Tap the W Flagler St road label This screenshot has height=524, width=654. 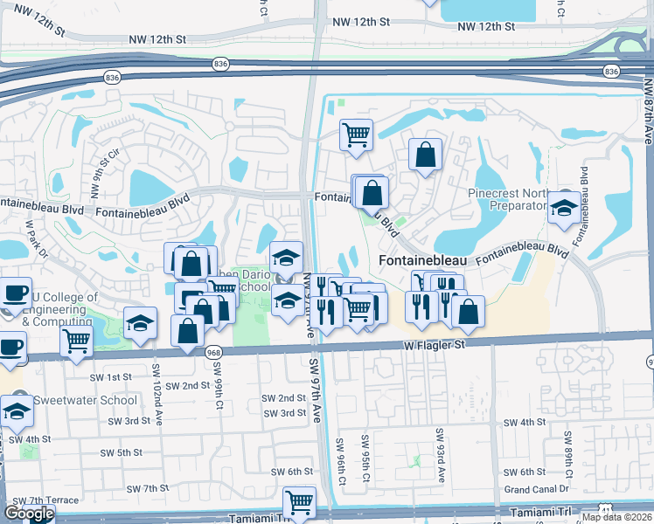pos(443,348)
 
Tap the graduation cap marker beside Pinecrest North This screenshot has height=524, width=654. pos(564,208)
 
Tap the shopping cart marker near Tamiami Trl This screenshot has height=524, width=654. pos(299,502)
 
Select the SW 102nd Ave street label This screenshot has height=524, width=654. pos(158,395)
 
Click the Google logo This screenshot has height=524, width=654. pos(28,513)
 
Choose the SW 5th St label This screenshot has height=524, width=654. pos(122,452)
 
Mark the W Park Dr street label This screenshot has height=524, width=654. pos(31,242)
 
